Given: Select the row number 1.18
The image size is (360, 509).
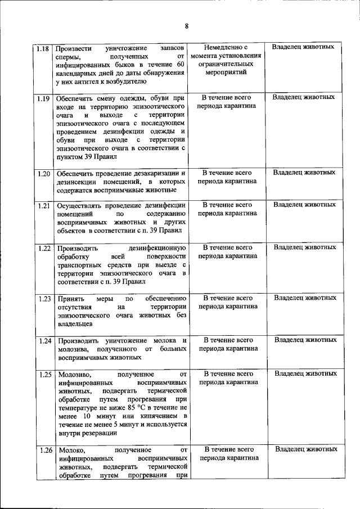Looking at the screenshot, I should [x=42, y=48].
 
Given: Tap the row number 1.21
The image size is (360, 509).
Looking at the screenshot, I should [x=44, y=205].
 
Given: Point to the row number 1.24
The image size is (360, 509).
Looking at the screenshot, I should [x=44, y=341].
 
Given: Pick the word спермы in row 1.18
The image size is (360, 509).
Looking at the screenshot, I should [x=69, y=57].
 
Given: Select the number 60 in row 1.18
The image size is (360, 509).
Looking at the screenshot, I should [x=181, y=66].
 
